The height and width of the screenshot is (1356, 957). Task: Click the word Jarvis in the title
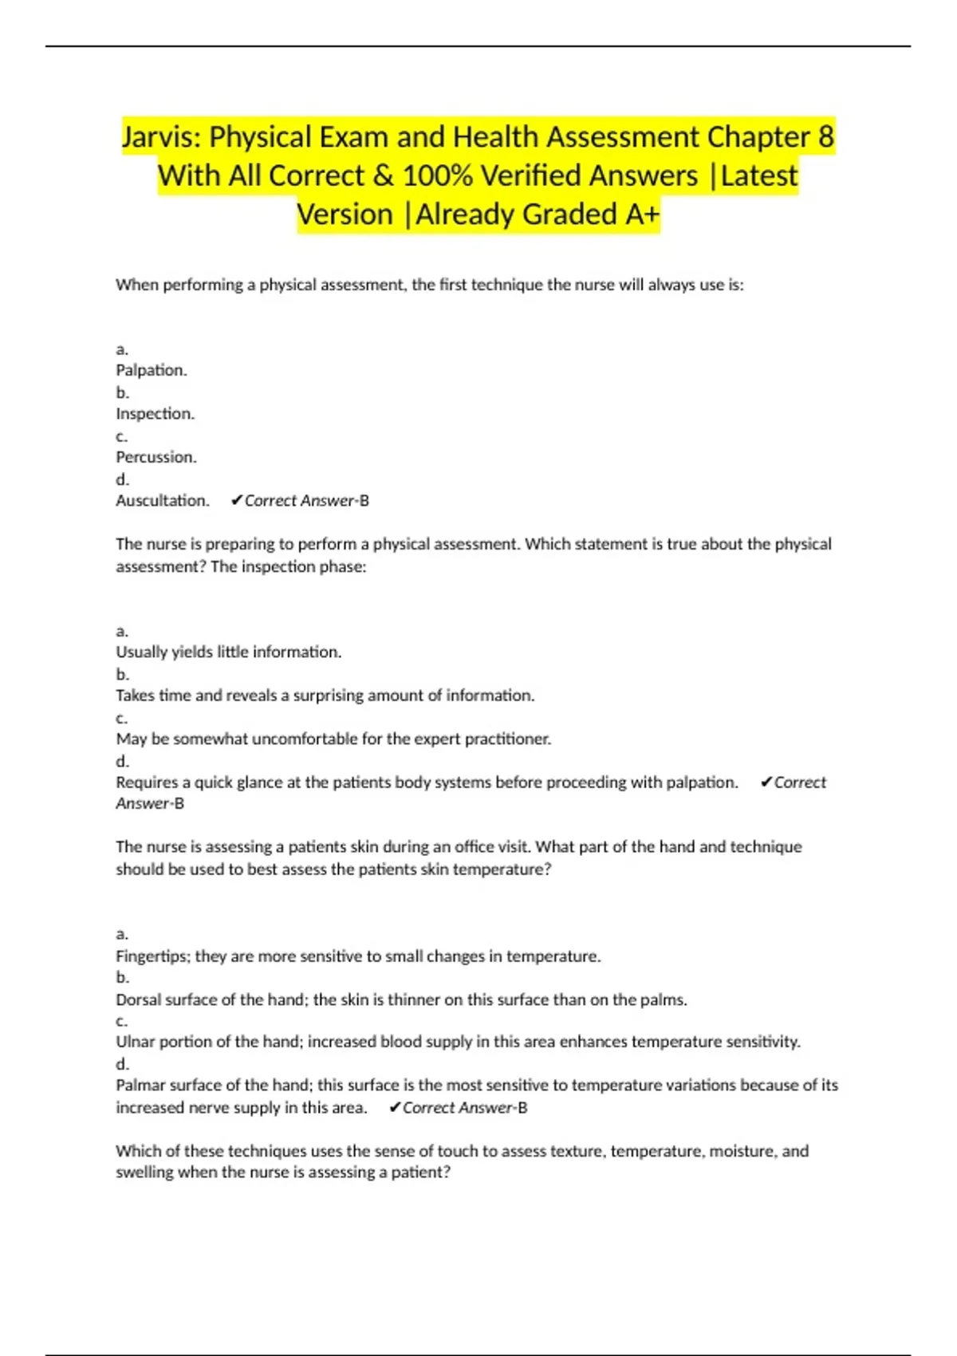point(159,137)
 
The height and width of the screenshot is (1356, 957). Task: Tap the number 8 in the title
point(825,137)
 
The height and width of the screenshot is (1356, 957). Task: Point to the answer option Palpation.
point(152,370)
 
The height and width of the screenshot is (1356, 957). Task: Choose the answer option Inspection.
point(155,413)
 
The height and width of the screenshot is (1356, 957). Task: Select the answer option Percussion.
point(156,457)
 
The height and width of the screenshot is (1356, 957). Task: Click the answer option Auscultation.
point(163,500)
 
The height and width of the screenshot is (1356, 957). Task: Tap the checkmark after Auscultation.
point(236,500)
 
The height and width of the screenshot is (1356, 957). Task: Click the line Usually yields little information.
point(229,652)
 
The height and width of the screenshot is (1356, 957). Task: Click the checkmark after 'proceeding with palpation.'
point(766,782)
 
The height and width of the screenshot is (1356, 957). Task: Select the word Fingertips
point(152,956)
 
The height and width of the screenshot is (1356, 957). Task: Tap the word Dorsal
point(138,999)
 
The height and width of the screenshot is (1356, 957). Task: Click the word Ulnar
point(133,1042)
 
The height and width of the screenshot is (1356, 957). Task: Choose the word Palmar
point(138,1085)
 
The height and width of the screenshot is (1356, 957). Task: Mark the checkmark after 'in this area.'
point(394,1107)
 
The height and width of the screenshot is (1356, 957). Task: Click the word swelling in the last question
point(144,1172)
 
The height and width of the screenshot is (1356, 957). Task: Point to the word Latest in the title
point(758,175)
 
